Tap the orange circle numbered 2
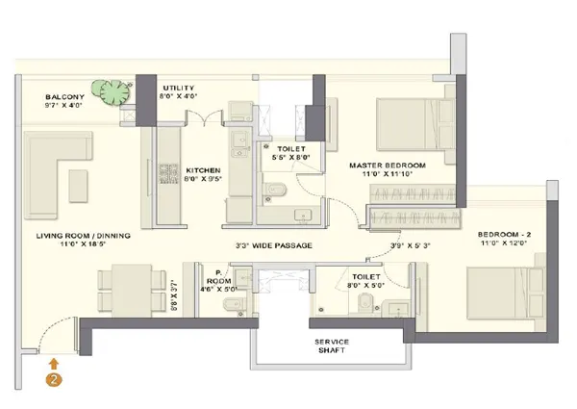point(55,379)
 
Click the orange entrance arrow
point(55,362)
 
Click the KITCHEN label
point(204,167)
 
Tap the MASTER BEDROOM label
point(388,166)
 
